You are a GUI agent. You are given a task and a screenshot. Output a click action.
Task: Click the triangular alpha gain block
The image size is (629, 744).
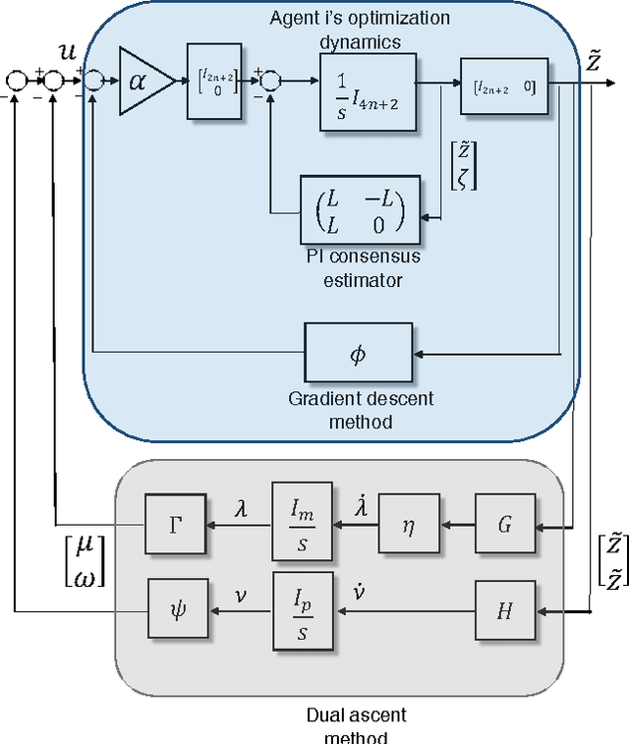click(143, 80)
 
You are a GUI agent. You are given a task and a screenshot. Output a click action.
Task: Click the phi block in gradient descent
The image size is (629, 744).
click(357, 354)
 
